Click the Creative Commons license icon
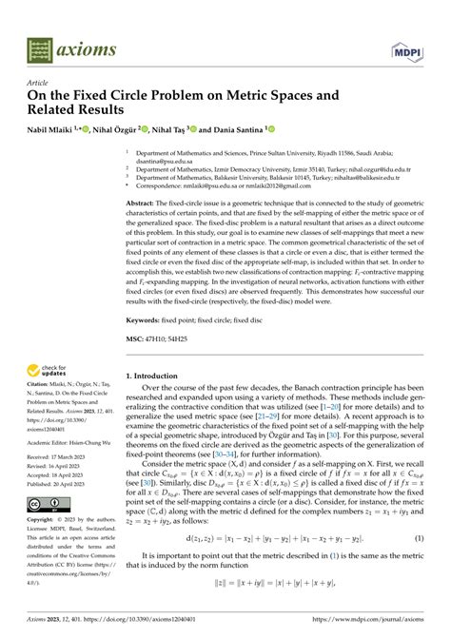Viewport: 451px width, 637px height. click(42, 504)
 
